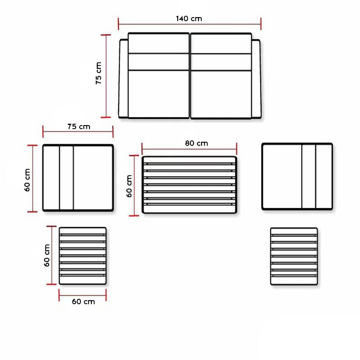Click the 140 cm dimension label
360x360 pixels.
[189, 18]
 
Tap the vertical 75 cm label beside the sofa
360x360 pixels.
[99, 73]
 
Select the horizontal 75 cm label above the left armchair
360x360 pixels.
[79, 126]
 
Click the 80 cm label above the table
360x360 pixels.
[197, 143]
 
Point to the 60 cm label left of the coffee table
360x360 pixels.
[129, 186]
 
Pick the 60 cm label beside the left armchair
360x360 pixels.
[27, 180]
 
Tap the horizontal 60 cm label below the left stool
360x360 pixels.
[83, 301]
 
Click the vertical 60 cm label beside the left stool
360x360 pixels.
[47, 255]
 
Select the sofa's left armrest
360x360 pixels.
[123, 78]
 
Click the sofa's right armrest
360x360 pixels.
[256, 79]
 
